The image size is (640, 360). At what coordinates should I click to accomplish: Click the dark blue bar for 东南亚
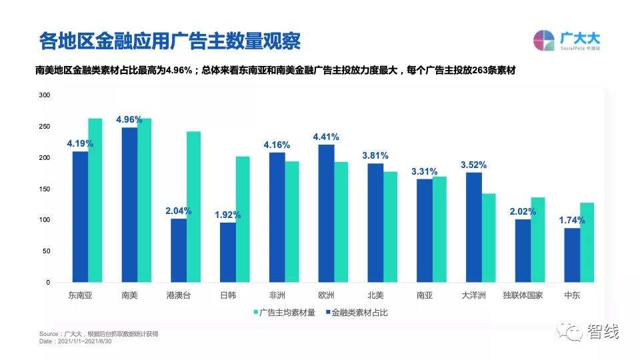pyautogui.click(x=80, y=217)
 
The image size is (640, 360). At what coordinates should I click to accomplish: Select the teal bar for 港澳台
pyautogui.click(x=193, y=207)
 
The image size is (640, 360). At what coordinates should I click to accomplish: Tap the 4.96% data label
pyautogui.click(x=129, y=120)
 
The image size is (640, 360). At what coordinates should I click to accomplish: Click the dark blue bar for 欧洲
pyautogui.click(x=326, y=213)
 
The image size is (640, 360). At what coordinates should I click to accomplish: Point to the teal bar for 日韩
pyautogui.click(x=243, y=219)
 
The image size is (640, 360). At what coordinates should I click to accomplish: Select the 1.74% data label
pyautogui.click(x=572, y=220)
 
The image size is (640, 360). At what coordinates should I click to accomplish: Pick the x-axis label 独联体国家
pyautogui.click(x=523, y=295)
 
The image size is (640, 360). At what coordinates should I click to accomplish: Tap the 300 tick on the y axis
pyautogui.click(x=44, y=95)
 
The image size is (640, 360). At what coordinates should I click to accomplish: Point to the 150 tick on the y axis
pyautogui.click(x=44, y=189)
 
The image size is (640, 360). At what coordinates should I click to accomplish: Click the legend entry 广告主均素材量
pyautogui.click(x=283, y=312)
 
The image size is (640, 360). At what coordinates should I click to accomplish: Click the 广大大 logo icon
pyautogui.click(x=544, y=41)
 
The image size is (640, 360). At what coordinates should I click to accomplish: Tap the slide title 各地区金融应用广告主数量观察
pyautogui.click(x=169, y=41)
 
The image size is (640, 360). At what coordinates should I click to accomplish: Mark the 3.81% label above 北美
pyautogui.click(x=375, y=155)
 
